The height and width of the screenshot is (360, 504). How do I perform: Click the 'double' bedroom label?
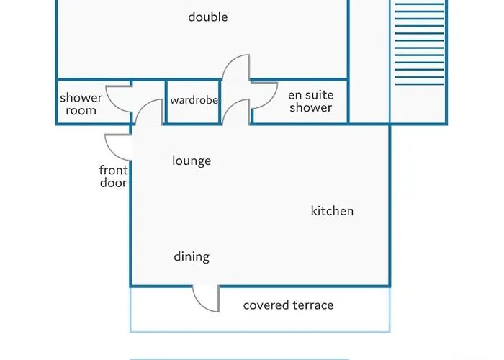point(208,17)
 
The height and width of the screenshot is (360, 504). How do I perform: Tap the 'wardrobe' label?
point(194,100)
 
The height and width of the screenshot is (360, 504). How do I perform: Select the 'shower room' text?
point(81,104)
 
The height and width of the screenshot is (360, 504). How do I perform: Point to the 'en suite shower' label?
point(311,101)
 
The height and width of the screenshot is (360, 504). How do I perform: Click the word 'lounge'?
point(192,161)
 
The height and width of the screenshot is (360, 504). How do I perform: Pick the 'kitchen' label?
point(332,211)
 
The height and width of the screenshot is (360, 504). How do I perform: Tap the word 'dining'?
point(192,256)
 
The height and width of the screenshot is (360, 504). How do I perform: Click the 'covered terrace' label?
point(288,305)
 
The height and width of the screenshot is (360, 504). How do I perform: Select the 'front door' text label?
point(114,176)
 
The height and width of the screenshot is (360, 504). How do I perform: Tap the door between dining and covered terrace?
point(201,305)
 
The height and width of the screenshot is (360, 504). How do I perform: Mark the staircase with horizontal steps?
point(419,44)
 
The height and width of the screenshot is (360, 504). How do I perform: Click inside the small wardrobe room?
point(193,111)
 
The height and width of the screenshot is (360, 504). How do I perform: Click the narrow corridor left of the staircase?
point(369,61)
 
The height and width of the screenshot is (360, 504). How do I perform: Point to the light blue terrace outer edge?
point(260,331)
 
